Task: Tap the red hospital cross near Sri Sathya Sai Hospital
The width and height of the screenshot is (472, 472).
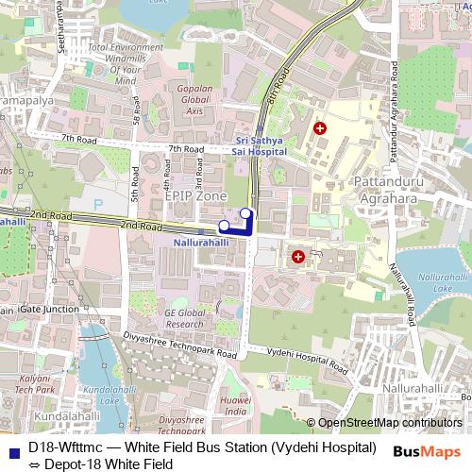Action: point(320,126)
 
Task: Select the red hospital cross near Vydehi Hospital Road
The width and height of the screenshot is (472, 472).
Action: point(298,255)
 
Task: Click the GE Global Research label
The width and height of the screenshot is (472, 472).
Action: point(184,318)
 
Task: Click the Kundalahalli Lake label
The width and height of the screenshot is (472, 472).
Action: point(104,395)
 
